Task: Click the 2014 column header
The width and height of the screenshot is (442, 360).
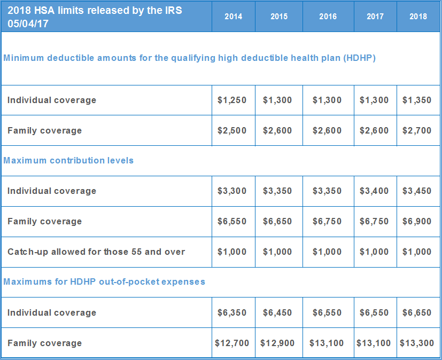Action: tap(233, 17)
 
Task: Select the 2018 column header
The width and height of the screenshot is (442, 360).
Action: tap(418, 17)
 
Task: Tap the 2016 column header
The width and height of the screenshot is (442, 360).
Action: tap(328, 17)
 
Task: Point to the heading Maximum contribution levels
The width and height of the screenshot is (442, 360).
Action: tap(68, 160)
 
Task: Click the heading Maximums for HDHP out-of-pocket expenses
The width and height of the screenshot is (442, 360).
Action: tap(104, 281)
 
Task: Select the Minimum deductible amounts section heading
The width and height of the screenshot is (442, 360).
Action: tap(189, 58)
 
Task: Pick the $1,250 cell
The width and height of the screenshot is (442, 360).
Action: tap(232, 100)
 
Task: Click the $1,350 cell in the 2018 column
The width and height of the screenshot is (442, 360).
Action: tap(417, 100)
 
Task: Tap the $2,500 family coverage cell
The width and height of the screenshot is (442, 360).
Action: tap(232, 131)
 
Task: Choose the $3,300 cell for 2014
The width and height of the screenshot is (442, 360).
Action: tap(232, 191)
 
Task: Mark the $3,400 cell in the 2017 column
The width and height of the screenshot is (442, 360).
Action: tap(374, 191)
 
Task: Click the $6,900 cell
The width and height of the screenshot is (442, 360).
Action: tap(417, 222)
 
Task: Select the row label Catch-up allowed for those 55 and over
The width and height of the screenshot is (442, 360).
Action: tap(96, 252)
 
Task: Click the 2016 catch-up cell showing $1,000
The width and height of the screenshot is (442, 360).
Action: tap(327, 252)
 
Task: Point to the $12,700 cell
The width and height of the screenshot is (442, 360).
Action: tap(232, 343)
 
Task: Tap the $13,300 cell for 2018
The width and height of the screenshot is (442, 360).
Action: tap(417, 343)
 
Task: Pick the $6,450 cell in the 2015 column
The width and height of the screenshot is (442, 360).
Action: tap(277, 313)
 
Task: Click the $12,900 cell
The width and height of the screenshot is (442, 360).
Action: tap(277, 343)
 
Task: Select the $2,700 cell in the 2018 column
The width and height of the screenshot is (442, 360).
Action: tap(417, 131)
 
